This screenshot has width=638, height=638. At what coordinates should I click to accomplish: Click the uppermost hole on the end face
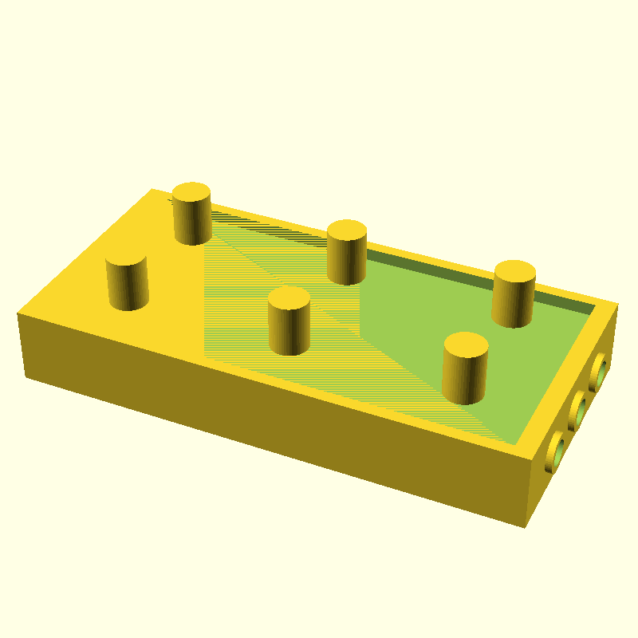coord(598,372)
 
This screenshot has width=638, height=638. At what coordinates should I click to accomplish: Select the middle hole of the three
coord(577,409)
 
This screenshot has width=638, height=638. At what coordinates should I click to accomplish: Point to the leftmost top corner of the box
coord(18,313)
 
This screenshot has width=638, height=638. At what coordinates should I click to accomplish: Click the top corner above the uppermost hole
coord(616,304)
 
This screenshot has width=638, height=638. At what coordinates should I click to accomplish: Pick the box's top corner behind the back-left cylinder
coord(152,190)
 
